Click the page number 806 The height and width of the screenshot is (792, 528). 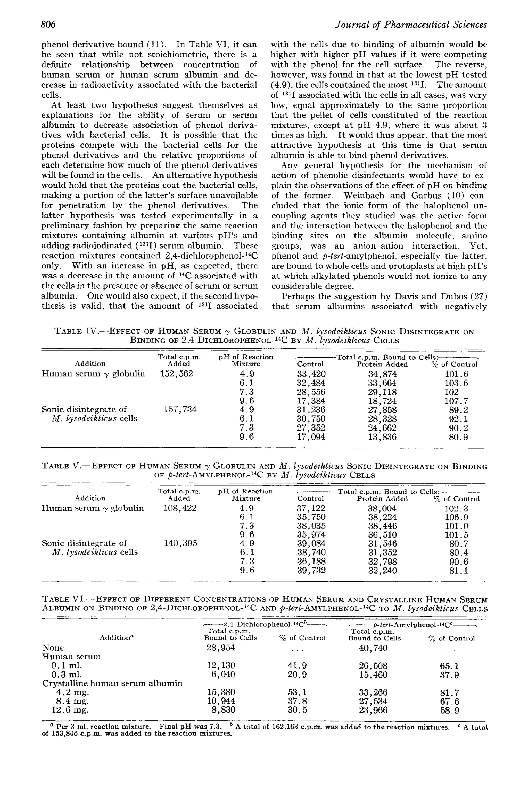coord(48,25)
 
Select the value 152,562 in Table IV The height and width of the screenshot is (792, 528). coord(176,374)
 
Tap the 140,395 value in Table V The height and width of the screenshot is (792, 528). coord(180,543)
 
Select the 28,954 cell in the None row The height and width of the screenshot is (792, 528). coord(221,648)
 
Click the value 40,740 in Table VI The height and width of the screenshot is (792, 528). coord(373,648)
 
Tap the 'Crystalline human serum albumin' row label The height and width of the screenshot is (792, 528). coord(112,683)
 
